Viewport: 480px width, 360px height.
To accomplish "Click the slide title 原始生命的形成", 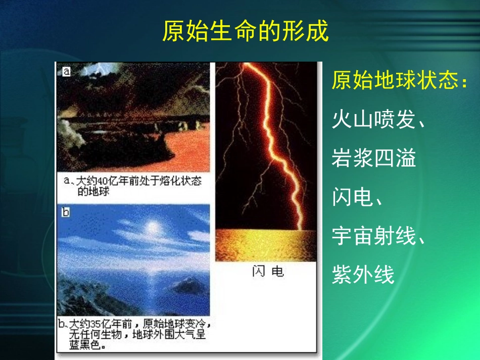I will (245, 31).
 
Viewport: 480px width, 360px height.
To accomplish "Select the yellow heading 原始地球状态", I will (399, 81).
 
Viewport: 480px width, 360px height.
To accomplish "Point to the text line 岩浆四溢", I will (374, 159).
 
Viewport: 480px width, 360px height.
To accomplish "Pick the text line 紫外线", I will (363, 275).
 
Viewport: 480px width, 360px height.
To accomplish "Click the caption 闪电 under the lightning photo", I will (268, 272).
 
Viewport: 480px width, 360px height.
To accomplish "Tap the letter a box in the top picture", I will (66, 72).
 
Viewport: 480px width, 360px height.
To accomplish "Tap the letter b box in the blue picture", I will (65, 212).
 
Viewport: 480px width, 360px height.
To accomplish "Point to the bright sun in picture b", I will (151, 227).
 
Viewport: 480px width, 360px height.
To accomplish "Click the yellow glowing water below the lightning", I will (266, 245).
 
